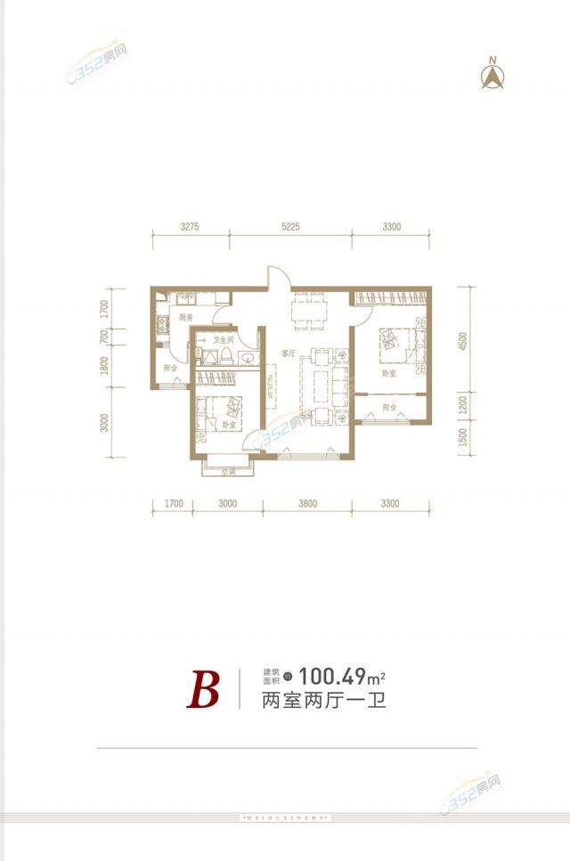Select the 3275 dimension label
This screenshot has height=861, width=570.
point(189,227)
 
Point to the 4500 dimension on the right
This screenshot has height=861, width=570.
point(463,343)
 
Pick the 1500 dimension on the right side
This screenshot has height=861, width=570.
point(463,437)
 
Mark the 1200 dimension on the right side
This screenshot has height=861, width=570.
point(463,404)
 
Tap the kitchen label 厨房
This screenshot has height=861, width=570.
point(185,318)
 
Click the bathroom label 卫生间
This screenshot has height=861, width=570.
point(224,340)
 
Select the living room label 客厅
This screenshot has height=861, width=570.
point(288,353)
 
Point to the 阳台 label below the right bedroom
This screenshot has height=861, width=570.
point(389,407)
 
